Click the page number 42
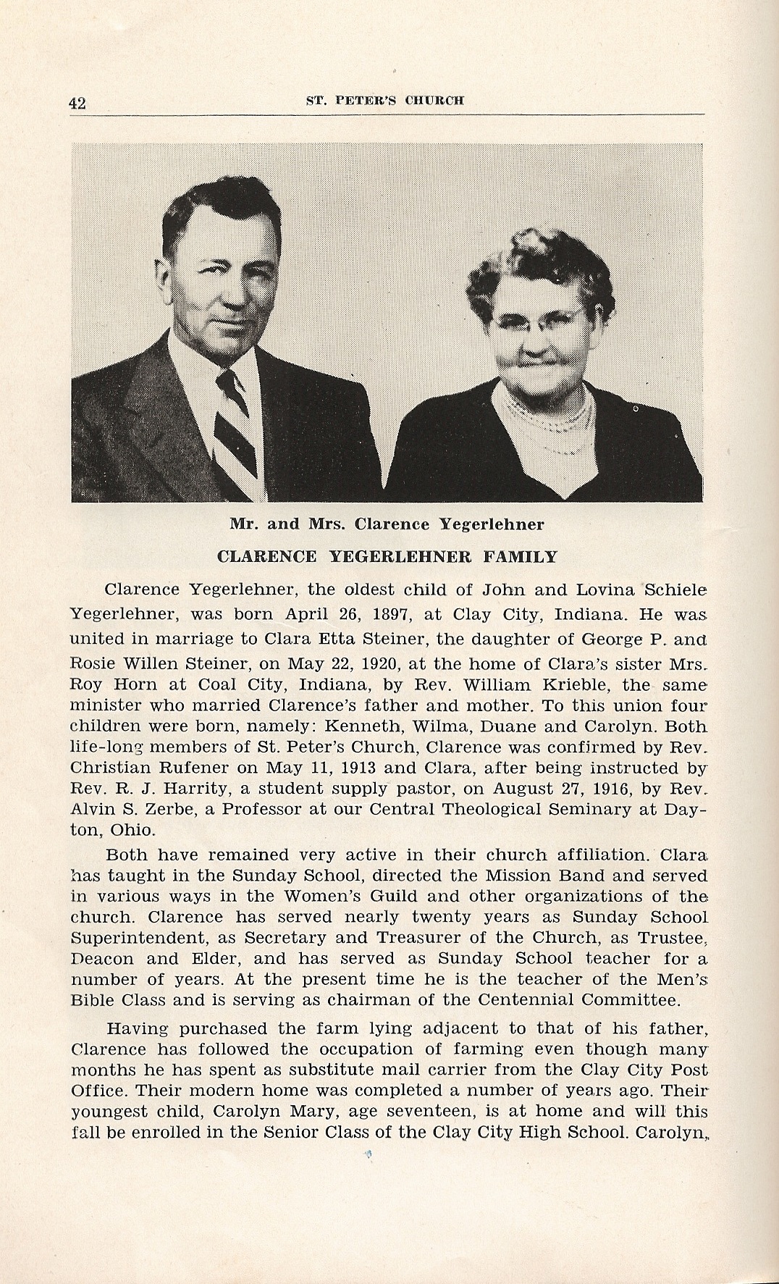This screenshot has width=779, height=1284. (x=77, y=103)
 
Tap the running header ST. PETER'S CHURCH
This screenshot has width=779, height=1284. (x=384, y=101)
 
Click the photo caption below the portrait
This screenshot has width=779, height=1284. (x=387, y=523)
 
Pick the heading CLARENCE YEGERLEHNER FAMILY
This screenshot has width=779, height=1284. (x=387, y=557)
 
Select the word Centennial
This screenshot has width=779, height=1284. (x=540, y=1001)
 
